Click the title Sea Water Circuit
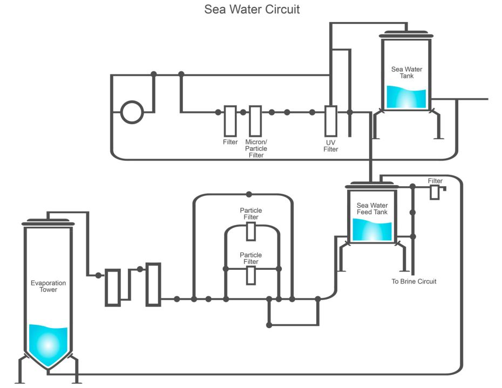tap(252, 10)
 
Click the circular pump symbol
tap(132, 113)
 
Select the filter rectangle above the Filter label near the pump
tap(230, 121)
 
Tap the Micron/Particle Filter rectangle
tap(255, 121)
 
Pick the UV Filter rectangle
tap(331, 121)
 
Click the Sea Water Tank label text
tap(406, 72)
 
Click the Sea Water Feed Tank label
tap(372, 209)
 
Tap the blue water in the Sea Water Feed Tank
tap(372, 230)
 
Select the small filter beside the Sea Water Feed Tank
tap(435, 193)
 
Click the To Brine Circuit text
tap(414, 281)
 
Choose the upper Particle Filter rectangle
tap(251, 231)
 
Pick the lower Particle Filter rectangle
tap(251, 275)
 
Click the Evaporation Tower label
tap(48, 286)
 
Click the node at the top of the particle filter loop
tap(249, 194)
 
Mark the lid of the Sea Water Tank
tap(406, 36)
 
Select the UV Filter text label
tap(331, 146)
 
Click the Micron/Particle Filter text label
tap(256, 148)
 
